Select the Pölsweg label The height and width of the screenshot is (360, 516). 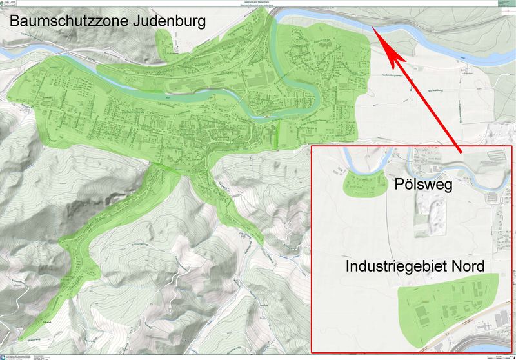tap(423, 186)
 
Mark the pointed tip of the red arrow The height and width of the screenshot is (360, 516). tap(375, 30)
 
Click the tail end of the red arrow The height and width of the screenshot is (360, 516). tap(462, 152)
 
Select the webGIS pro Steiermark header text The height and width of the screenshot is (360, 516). tap(258, 2)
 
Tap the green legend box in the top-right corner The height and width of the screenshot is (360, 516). tap(507, 3)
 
